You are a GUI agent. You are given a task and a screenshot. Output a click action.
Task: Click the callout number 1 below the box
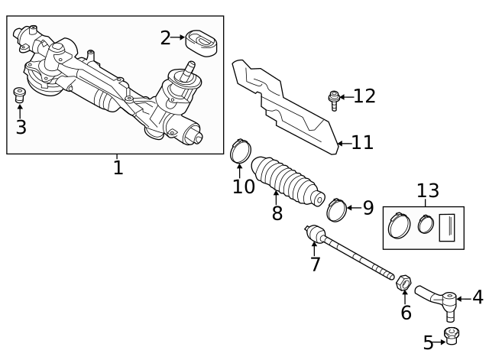[x=118, y=167]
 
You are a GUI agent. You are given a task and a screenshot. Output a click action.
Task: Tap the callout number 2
[x=165, y=37]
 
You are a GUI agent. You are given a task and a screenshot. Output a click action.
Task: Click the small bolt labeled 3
[x=21, y=96]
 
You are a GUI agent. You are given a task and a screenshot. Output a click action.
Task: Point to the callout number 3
[x=21, y=128]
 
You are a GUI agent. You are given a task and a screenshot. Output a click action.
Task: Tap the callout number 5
[x=428, y=343]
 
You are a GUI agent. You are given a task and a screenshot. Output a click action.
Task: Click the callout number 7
[x=315, y=264]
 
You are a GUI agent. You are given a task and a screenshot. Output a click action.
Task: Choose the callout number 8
[x=277, y=213]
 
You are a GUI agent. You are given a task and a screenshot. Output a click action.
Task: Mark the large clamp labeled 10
[x=240, y=150]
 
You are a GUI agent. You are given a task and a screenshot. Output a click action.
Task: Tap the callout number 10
[x=243, y=186]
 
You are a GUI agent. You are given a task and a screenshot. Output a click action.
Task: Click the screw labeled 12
[x=334, y=99]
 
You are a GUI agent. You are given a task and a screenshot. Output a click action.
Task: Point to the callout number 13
[x=427, y=190]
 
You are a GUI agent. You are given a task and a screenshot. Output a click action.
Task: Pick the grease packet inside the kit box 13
[x=448, y=228]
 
